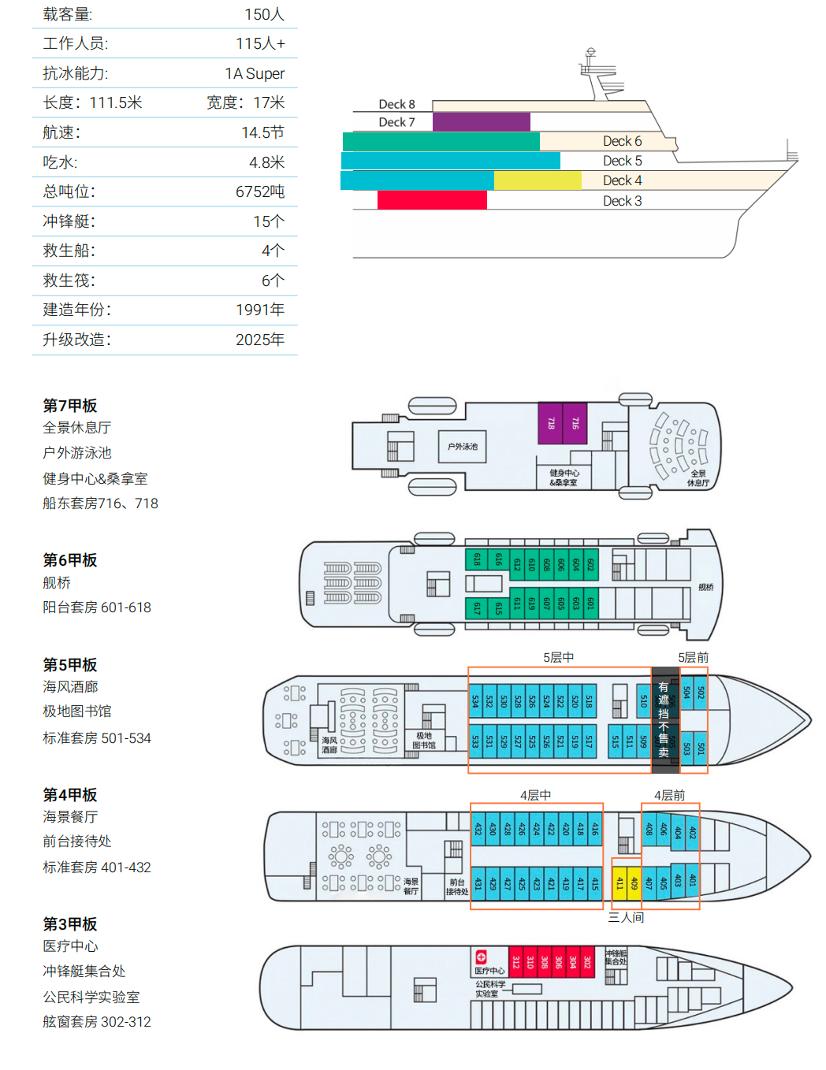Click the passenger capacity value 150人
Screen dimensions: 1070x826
[x=264, y=14]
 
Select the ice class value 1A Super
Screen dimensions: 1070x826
[x=254, y=73]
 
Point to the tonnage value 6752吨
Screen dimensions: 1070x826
[x=259, y=191]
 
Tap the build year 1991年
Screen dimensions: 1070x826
[x=259, y=310]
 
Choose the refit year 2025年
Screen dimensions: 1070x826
[x=259, y=340]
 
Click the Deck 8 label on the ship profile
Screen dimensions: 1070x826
[x=396, y=104]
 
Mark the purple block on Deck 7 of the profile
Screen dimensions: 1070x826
[x=481, y=122]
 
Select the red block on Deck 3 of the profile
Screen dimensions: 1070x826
[x=432, y=200]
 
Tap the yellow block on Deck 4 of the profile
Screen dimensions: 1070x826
[x=537, y=180]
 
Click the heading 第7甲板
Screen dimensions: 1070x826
[x=70, y=406]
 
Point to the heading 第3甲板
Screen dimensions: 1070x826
[x=70, y=924]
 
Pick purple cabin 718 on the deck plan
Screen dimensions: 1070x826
[x=551, y=423]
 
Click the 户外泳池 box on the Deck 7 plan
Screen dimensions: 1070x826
[x=463, y=447]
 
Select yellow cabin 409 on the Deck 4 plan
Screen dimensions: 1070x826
[x=634, y=883]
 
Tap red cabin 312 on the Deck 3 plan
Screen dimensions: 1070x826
[x=516, y=962]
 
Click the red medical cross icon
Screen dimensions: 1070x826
[x=481, y=957]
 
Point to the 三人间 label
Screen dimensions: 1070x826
[x=626, y=917]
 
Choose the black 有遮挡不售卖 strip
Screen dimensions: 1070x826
[x=664, y=719]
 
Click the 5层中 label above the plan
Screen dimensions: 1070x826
[x=558, y=657]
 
